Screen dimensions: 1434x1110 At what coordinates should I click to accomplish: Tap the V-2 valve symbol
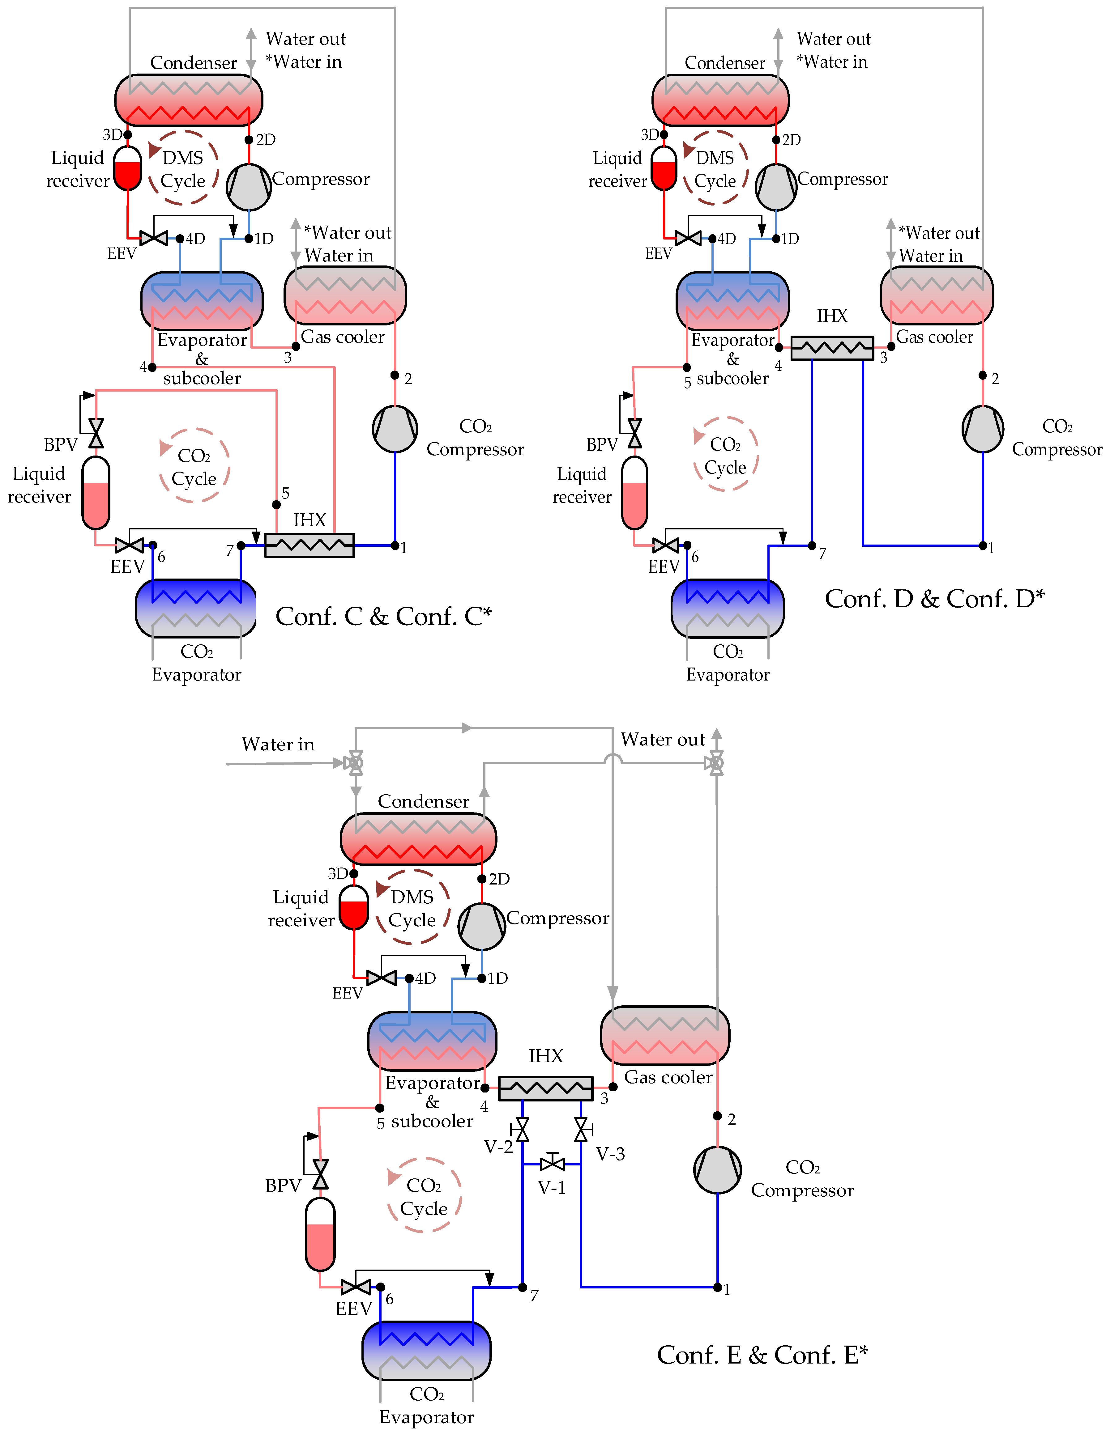tap(523, 1130)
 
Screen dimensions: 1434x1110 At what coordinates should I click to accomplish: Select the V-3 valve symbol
tap(581, 1130)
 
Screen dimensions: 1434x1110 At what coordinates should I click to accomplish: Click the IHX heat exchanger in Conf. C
tap(310, 545)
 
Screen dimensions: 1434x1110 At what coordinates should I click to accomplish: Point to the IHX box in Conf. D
tap(832, 348)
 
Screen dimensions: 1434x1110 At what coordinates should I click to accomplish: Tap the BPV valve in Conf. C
tap(96, 433)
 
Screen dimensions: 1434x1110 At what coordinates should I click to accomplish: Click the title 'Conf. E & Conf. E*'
tap(762, 1355)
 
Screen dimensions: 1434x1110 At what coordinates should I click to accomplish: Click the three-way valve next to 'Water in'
tap(355, 763)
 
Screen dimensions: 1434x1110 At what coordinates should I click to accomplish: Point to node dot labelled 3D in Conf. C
tap(127, 135)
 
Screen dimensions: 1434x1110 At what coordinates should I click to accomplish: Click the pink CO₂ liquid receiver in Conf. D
tap(634, 492)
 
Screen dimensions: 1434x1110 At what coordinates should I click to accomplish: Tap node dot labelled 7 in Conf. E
tap(523, 1287)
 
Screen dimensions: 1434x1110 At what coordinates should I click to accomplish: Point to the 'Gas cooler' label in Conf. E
tap(668, 1077)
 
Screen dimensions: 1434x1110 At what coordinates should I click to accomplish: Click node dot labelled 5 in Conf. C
tap(276, 504)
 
